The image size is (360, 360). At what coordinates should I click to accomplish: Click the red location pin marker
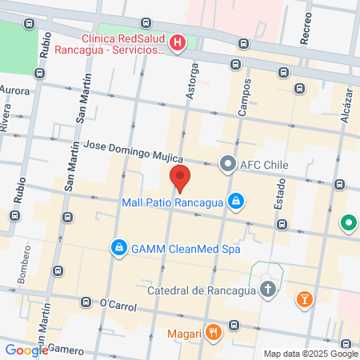[180, 178]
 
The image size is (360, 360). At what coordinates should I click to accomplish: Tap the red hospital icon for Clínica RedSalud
[178, 42]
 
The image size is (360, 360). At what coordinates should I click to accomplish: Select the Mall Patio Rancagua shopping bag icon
[236, 202]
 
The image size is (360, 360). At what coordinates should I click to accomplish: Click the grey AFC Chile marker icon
[227, 166]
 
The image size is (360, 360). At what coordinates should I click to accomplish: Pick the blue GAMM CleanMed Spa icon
[118, 248]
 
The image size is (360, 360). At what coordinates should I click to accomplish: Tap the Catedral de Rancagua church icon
[270, 290]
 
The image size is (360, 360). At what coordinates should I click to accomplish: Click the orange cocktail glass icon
[305, 300]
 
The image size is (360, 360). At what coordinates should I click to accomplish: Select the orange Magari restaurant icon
[212, 333]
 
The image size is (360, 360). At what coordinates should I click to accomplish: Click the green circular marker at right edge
[349, 223]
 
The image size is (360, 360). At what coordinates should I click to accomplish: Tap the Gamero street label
[66, 349]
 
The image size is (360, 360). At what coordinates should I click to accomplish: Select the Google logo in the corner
[26, 350]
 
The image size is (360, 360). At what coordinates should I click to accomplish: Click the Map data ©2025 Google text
[311, 354]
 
